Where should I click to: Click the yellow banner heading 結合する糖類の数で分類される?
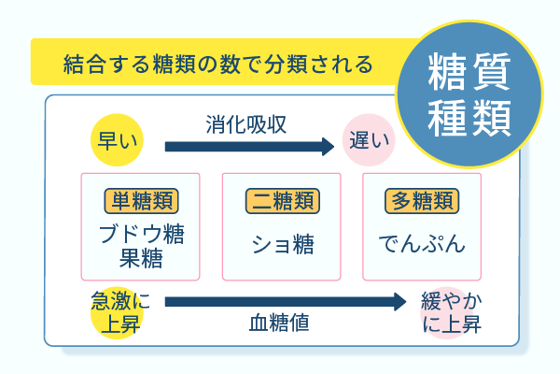coord(218,65)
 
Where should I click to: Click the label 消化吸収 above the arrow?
coord(246,123)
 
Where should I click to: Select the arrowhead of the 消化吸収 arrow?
coord(327,146)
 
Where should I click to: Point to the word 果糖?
coord(142,257)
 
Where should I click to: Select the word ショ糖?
coord(282,244)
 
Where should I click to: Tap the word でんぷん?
coord(422,244)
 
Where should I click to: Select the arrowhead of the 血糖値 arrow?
coord(399,302)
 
